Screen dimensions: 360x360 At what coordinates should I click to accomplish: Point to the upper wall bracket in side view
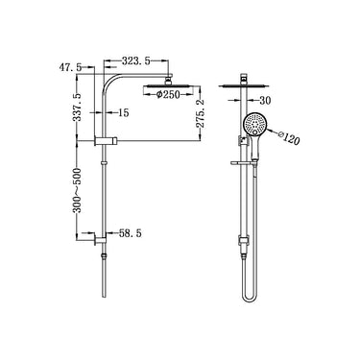(x=102, y=142)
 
